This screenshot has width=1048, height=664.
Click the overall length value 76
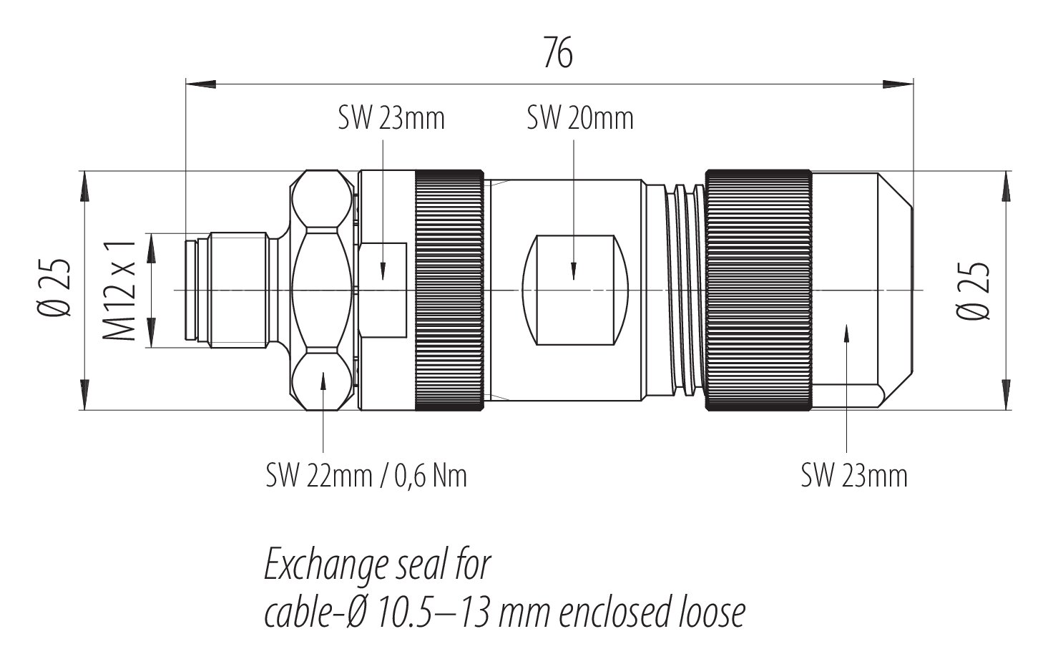[557, 53]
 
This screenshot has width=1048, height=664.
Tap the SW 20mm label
[580, 119]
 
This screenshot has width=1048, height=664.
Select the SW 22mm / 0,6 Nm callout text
[366, 475]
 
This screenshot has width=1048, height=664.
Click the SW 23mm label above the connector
[391, 119]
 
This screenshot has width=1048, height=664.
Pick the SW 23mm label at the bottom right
[854, 475]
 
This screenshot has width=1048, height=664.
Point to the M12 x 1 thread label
[120, 290]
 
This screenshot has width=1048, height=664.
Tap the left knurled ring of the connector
[449, 290]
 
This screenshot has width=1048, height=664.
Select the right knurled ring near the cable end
[758, 290]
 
